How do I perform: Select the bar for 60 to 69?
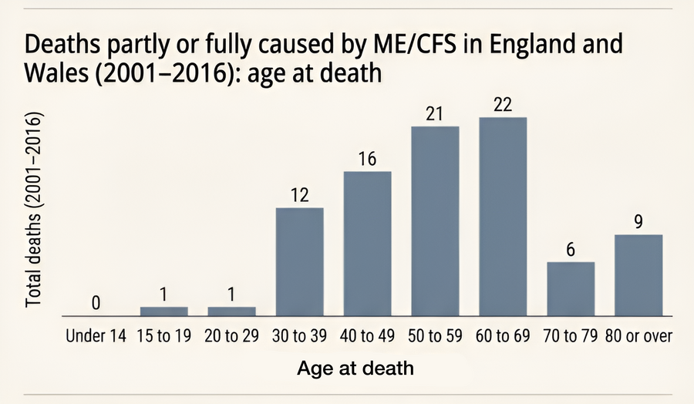pos(503,217)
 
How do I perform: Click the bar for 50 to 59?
pos(435,221)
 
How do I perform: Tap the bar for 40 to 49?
pos(367,244)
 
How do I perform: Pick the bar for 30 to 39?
pos(299,262)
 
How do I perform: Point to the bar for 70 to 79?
pos(571,289)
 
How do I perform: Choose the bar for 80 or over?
pos(638,275)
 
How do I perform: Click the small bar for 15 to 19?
pos(163,311)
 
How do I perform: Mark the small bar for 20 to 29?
pos(231,311)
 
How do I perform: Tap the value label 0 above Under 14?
pos(96,303)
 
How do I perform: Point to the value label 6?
pos(571,250)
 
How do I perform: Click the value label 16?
pos(367,159)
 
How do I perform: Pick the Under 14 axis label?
pos(96,336)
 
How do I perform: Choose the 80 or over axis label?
pos(638,336)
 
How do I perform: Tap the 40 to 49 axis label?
pos(367,336)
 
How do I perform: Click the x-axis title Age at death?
pos(355,369)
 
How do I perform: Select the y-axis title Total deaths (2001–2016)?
pos(33,211)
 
